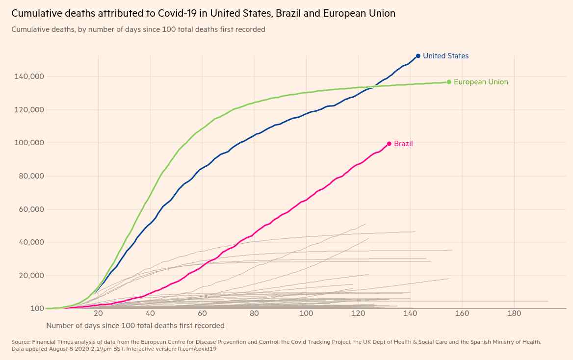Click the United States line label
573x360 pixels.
[x=445, y=56]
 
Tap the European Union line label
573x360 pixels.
[x=481, y=82]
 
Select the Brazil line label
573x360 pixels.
[x=403, y=144]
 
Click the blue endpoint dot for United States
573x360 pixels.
[x=418, y=56]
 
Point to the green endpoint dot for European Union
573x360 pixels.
[x=449, y=82]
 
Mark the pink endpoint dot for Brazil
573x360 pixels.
[x=389, y=144]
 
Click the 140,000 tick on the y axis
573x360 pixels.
[x=30, y=77]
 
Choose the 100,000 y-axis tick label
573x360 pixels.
[x=30, y=143]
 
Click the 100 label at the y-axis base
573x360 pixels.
[x=38, y=309]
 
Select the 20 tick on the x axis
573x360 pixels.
[x=98, y=313]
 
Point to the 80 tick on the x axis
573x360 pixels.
[x=254, y=313]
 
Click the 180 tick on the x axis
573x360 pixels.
[x=514, y=313]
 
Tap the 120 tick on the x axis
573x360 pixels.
[x=358, y=313]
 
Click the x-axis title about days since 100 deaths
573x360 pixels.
[x=135, y=326]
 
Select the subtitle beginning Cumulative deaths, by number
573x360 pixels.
[x=138, y=29]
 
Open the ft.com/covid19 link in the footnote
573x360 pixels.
[x=196, y=349]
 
